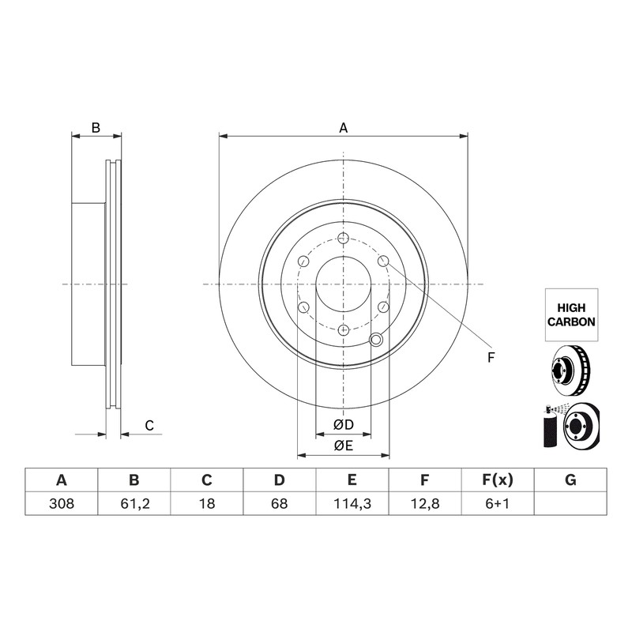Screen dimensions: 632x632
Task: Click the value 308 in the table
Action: [62, 503]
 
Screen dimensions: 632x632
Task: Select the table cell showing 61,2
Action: [134, 503]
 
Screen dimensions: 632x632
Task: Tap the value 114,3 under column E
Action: [352, 503]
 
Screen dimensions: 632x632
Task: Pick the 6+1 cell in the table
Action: [498, 503]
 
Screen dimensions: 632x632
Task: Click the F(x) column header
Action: [498, 480]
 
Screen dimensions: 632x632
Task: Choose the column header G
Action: [570, 480]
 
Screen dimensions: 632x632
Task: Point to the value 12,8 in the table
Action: [425, 503]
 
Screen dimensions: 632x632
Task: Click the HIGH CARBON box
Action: [571, 314]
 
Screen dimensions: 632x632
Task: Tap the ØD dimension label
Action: [344, 424]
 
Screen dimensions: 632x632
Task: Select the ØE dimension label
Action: [344, 446]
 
